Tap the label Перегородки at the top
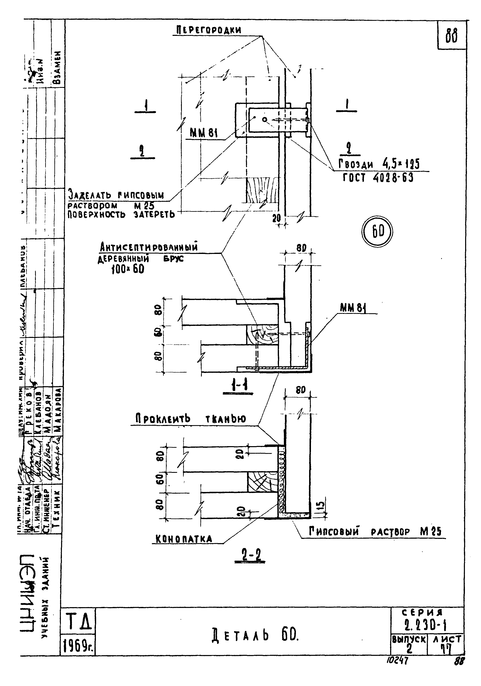[x=208, y=30]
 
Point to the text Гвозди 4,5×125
[x=379, y=164]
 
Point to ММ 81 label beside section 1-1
[x=354, y=308]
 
